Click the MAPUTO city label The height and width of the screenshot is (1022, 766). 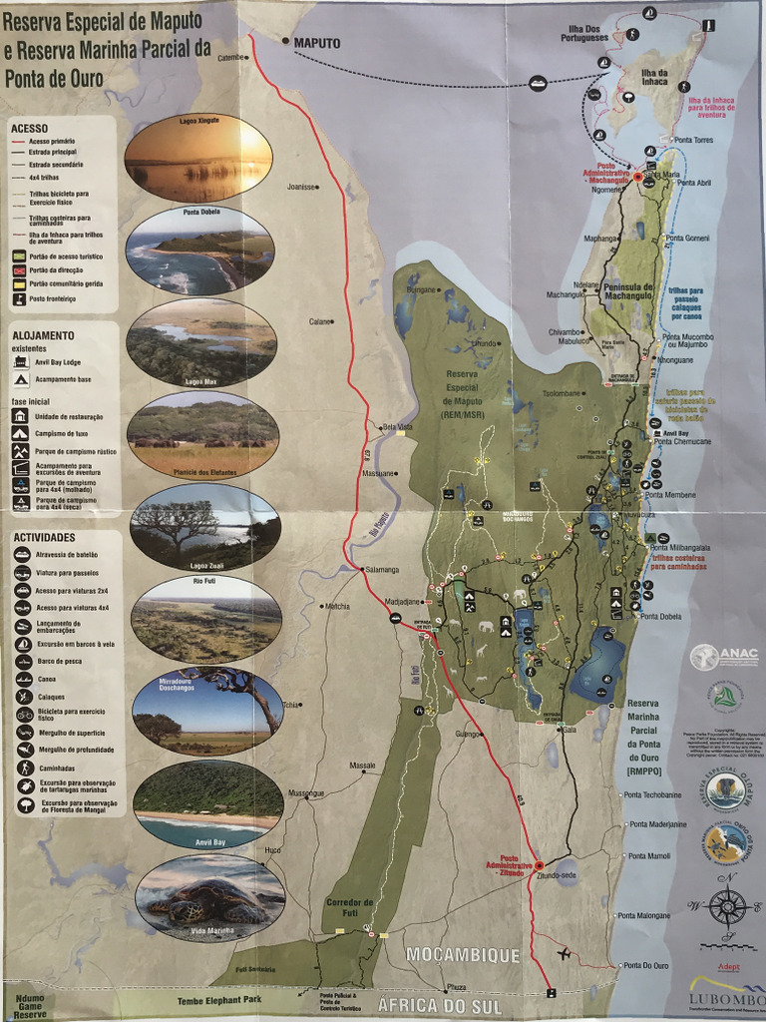(x=317, y=44)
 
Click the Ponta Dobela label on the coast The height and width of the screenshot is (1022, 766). (x=662, y=616)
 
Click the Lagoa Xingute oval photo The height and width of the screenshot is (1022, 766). (x=198, y=158)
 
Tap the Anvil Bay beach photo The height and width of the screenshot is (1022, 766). (x=207, y=804)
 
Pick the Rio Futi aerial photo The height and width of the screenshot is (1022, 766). (x=206, y=620)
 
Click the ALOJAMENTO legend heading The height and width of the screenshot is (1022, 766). (x=44, y=335)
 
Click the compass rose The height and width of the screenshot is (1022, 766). (x=728, y=906)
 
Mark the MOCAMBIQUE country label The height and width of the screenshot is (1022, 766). (x=463, y=955)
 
